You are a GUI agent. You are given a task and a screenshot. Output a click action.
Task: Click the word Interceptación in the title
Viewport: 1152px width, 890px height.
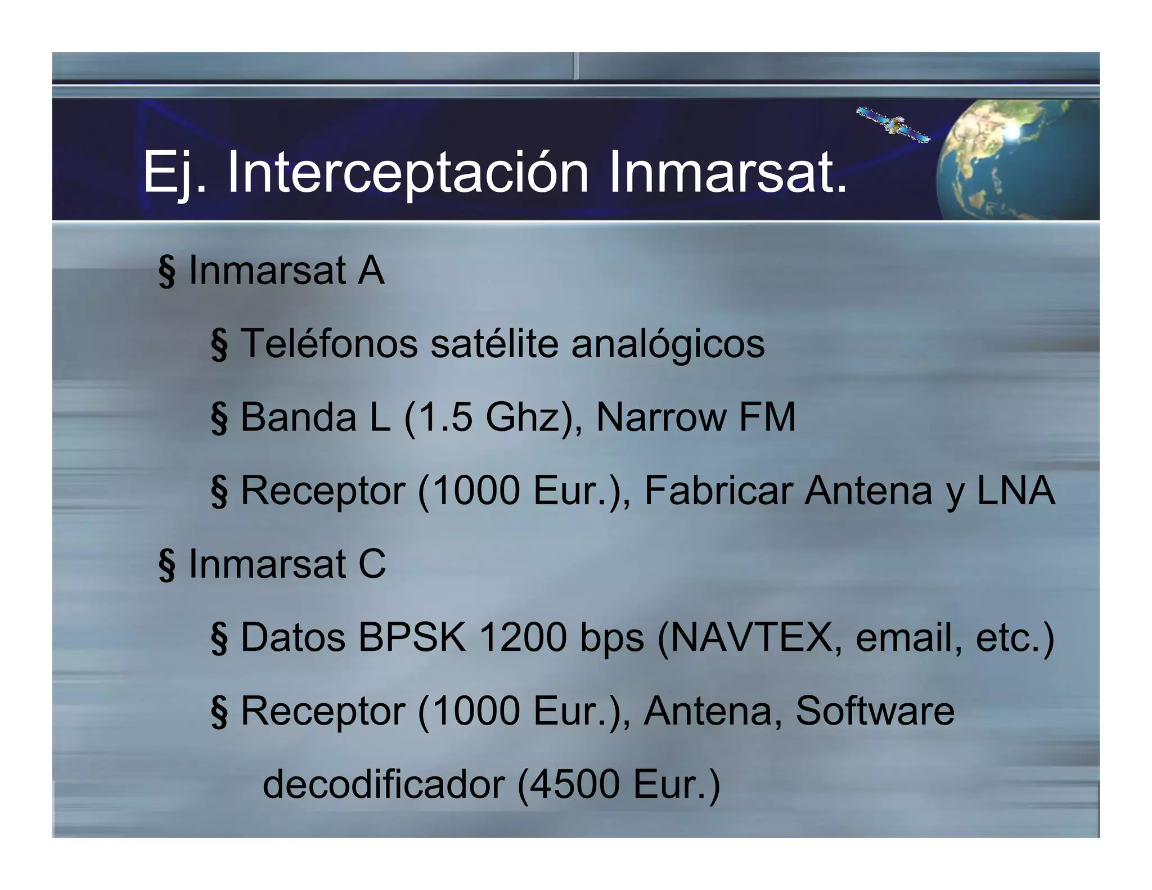point(407,173)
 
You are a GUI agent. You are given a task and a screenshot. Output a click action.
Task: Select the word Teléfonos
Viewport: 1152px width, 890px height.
point(329,343)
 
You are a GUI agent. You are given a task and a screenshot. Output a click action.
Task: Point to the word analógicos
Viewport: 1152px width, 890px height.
point(668,344)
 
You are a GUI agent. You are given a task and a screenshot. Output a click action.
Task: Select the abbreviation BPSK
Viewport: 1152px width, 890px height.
point(412,637)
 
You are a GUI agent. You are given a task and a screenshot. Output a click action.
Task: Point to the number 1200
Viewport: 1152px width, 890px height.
point(523,637)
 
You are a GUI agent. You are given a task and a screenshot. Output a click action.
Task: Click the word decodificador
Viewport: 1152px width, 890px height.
point(383,784)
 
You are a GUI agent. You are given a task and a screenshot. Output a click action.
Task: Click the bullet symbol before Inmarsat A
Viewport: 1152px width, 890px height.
point(166,271)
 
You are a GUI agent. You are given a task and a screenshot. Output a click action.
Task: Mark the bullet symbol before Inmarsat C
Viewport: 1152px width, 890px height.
point(166,565)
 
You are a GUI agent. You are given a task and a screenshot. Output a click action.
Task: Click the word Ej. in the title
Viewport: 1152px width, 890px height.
point(174,173)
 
